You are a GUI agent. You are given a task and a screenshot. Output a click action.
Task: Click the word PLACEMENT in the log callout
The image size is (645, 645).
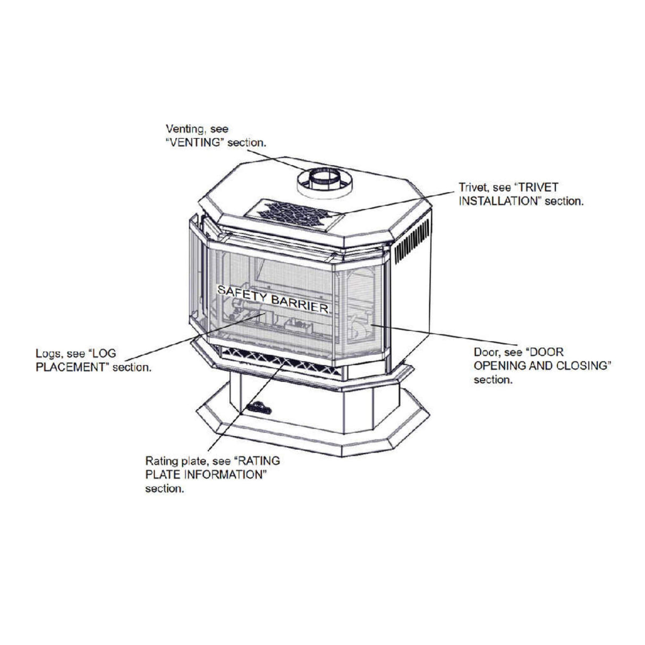[69, 367]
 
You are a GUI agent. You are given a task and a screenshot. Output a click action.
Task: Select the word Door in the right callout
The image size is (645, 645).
[485, 352]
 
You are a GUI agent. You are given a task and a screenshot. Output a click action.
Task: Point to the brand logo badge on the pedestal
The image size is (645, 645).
[259, 408]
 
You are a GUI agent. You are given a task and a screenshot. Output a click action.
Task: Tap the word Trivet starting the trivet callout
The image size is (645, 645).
[472, 188]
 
